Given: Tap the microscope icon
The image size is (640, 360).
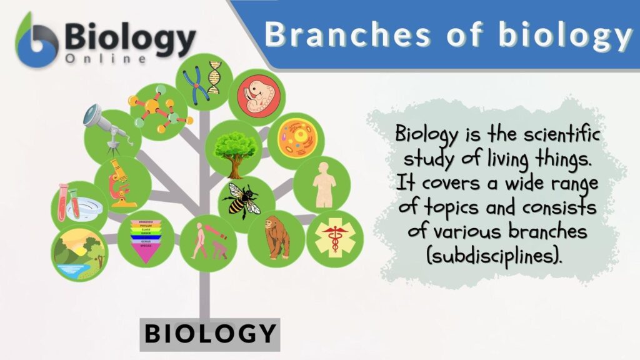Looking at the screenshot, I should (120, 182).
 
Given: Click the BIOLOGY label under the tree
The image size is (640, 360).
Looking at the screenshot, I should (210, 332).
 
